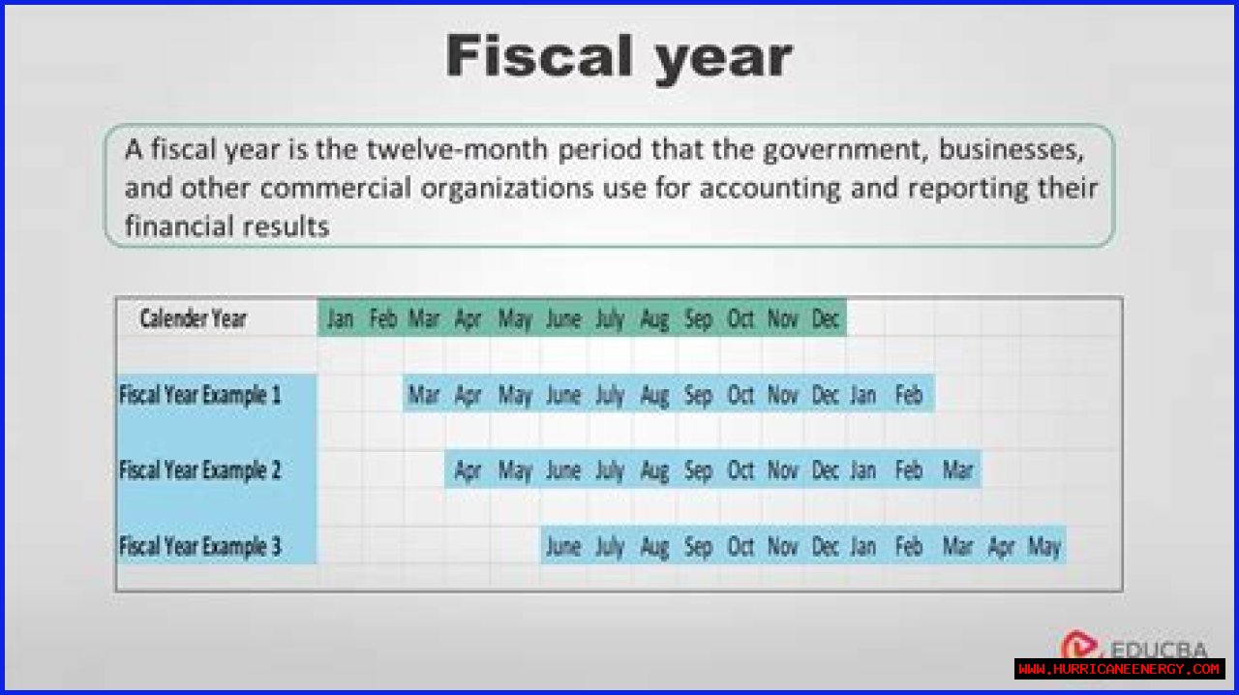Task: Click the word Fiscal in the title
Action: pos(539,56)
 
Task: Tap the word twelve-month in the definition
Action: pos(458,149)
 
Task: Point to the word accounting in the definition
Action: pos(770,189)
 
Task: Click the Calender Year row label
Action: pos(193,318)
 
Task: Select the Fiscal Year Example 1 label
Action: pos(200,395)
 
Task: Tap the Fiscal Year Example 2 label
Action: pos(200,470)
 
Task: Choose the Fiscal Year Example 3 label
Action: pos(200,546)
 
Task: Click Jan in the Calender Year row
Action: pos(340,318)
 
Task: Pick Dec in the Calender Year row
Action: pos(826,318)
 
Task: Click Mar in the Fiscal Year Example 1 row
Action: pos(424,395)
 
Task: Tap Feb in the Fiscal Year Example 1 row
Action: pos(909,395)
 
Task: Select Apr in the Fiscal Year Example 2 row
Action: pos(468,471)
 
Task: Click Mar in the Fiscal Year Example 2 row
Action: pos(957,470)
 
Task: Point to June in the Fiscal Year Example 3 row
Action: pos(563,547)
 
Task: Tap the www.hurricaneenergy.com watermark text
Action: pos(1119,669)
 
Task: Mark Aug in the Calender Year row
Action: pos(654,319)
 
